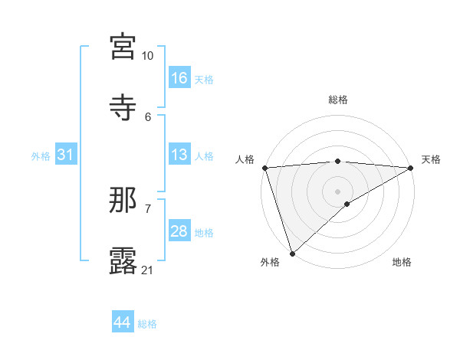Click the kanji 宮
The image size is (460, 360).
tap(123, 47)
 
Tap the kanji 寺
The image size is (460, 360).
tap(123, 108)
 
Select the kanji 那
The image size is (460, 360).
tap(123, 200)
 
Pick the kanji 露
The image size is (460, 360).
tap(123, 261)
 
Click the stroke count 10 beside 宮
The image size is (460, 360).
tap(148, 56)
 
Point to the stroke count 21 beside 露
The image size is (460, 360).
tap(148, 270)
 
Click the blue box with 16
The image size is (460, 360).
tap(179, 77)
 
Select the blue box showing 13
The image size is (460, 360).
tap(179, 155)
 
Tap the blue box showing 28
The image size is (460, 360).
tap(179, 231)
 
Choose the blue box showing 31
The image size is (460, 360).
tap(66, 155)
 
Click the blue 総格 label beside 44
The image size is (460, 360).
tap(147, 324)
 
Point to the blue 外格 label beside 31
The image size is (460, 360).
tap(41, 155)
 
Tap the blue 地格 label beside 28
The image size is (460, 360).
tap(204, 232)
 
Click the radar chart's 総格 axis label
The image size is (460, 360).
tap(338, 100)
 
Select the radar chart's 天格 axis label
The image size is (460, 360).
tap(431, 159)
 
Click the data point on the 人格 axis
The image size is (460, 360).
tap(264, 168)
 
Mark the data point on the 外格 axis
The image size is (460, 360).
tap(292, 253)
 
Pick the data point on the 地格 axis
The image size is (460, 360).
tap(347, 204)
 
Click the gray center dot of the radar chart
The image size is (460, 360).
tap(338, 191)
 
